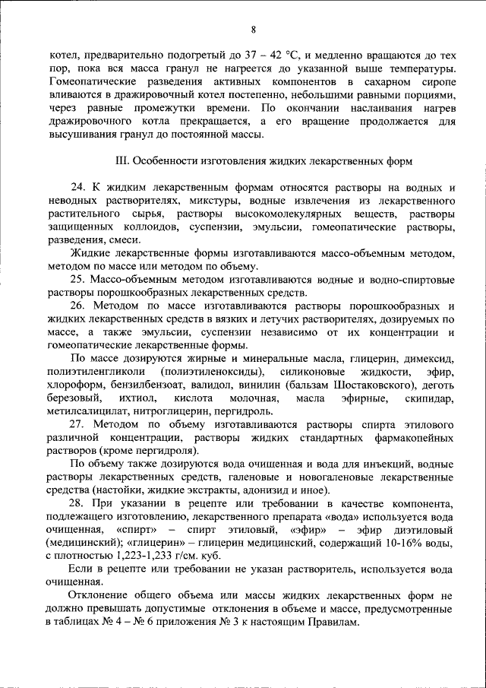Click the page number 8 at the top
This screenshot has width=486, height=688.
(253, 29)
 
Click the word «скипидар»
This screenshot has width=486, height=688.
(433, 398)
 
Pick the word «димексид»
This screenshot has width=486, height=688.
(429, 358)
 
